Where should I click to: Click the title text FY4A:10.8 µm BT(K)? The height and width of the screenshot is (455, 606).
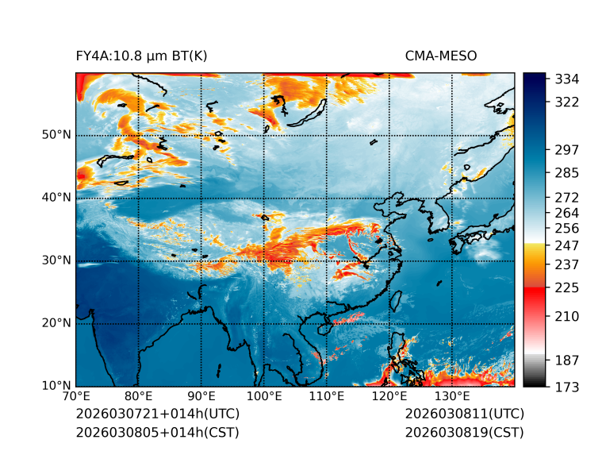tap(141, 56)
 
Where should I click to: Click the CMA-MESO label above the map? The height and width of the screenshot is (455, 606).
tap(441, 56)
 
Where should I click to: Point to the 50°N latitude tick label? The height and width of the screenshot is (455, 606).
tap(56, 135)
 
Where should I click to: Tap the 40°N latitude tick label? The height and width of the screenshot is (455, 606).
tap(56, 198)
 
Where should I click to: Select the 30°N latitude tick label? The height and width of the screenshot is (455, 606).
tap(56, 260)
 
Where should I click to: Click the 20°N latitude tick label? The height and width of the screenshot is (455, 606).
tap(56, 323)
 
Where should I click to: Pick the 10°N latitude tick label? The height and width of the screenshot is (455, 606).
tap(56, 386)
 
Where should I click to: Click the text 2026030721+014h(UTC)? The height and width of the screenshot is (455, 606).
tap(157, 415)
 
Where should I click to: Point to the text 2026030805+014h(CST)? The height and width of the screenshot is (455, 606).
tap(157, 433)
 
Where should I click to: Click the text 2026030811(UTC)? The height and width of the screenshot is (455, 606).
tap(464, 415)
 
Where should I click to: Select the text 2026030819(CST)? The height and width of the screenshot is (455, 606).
tap(464, 433)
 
